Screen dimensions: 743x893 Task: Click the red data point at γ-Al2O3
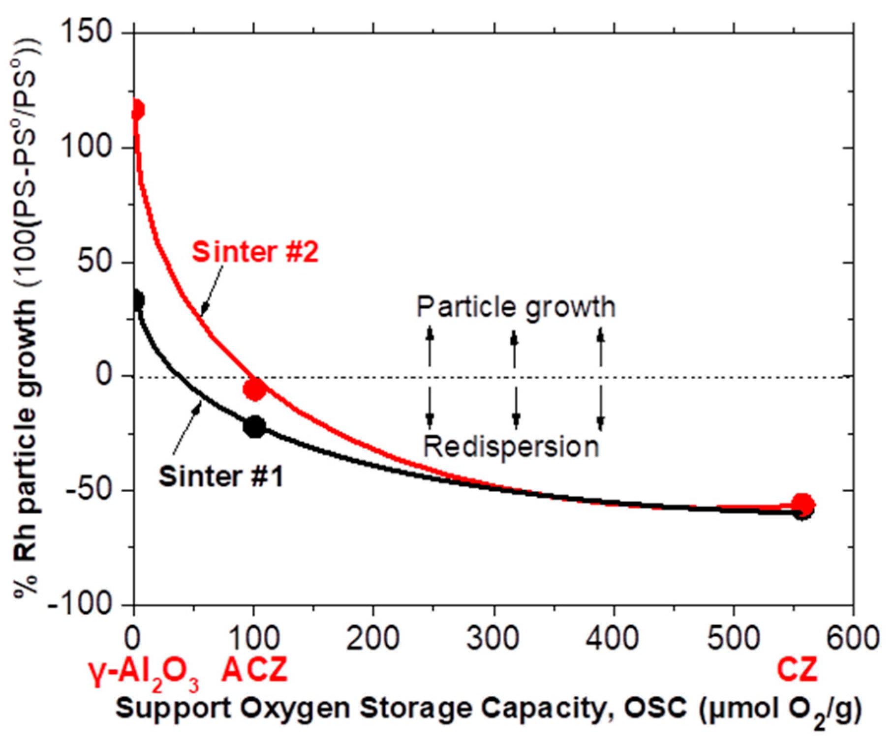coord(137,110)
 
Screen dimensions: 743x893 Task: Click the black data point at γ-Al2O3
coord(137,300)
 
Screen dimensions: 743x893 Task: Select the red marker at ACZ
coord(255,389)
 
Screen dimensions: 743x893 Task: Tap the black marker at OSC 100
coord(255,426)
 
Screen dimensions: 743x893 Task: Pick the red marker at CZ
coord(803,504)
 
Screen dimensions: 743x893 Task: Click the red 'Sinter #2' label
coord(255,252)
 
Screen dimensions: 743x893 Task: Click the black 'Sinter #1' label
coord(221,476)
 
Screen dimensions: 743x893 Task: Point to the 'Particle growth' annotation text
coord(516,307)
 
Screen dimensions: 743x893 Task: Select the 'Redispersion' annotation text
coord(511,447)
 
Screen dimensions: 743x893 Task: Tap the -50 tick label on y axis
coord(89,490)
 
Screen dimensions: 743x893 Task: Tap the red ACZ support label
coord(254,670)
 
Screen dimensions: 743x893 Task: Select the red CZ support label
coord(797,670)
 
